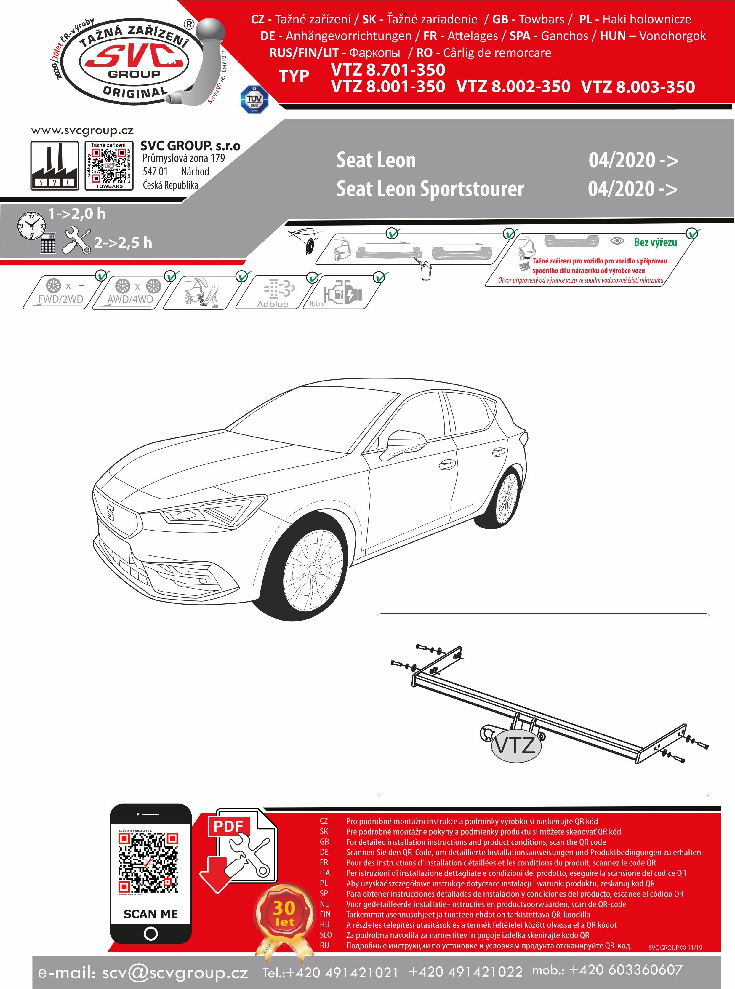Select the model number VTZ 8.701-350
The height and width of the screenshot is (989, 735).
388,70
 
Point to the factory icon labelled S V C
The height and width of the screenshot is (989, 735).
54,166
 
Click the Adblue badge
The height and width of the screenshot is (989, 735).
273,293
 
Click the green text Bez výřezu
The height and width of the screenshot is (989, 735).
655,242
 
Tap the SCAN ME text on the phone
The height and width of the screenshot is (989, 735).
150,914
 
